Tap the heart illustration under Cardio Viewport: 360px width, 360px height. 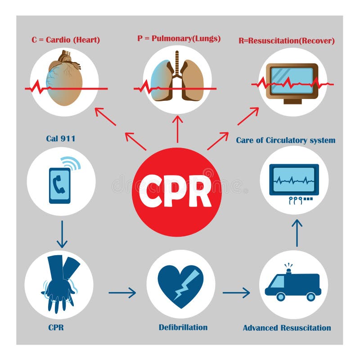pos(64,79)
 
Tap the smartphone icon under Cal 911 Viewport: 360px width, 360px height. pos(60,185)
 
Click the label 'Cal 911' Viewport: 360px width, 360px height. pos(60,139)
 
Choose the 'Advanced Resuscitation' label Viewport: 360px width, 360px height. pos(287,328)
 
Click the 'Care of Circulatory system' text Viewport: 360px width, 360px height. pos(286,140)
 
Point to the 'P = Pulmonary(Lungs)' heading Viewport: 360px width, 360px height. pos(179,38)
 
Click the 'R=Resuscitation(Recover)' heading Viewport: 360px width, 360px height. pos(287,40)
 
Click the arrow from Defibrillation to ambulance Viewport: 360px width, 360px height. pos(236,293)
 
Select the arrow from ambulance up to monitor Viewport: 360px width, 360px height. pos(297,232)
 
